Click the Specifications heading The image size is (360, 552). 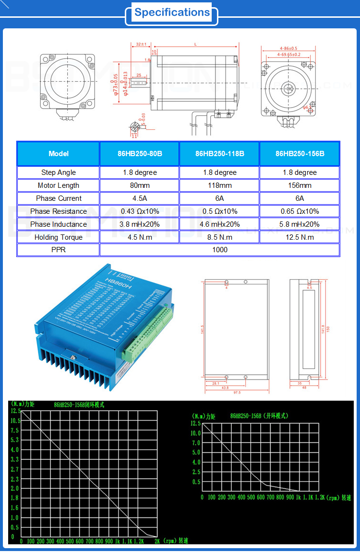[x=172, y=13]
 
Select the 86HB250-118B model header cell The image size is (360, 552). [x=219, y=154]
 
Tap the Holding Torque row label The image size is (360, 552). [x=58, y=237]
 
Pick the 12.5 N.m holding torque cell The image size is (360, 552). [x=300, y=237]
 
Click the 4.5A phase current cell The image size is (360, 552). [x=139, y=198]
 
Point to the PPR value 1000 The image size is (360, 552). [x=219, y=250]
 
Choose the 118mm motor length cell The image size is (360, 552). [x=219, y=185]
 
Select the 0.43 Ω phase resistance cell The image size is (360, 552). [x=139, y=211]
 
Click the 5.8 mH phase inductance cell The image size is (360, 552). [x=300, y=224]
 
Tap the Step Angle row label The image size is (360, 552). [x=58, y=172]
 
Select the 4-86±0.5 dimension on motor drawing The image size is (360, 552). [x=288, y=49]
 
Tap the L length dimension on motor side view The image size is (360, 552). [x=195, y=44]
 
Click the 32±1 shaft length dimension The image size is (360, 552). [x=141, y=44]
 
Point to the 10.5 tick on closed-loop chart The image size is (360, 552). [x=15, y=420]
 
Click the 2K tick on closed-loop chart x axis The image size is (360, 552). [x=157, y=541]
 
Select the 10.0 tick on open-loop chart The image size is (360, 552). [x=195, y=433]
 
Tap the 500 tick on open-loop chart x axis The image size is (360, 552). [x=251, y=497]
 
